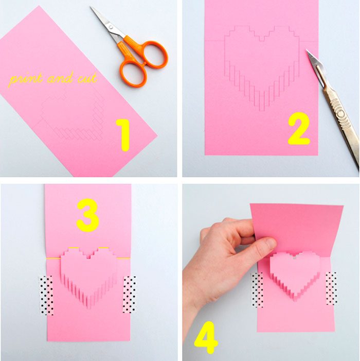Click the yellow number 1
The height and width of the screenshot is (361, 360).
click(123, 135)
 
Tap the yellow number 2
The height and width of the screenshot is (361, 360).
click(298, 128)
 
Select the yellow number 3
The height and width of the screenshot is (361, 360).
click(87, 215)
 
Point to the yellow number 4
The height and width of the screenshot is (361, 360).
click(206, 337)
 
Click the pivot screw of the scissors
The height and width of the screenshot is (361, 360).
click(111, 27)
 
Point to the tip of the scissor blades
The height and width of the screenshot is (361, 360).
click(91, 7)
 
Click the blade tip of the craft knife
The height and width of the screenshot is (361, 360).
click(306, 49)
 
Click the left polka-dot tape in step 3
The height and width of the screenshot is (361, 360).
click(46, 296)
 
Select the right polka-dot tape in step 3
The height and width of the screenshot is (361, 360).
click(129, 295)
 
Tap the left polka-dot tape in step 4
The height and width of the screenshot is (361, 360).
click(257, 290)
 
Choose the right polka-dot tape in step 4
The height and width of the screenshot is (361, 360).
click(332, 288)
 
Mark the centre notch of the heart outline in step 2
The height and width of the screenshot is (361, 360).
click(262, 39)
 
